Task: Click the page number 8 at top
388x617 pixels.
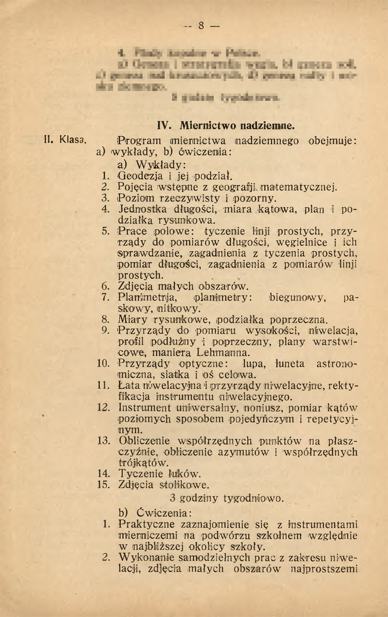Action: tap(201, 25)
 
